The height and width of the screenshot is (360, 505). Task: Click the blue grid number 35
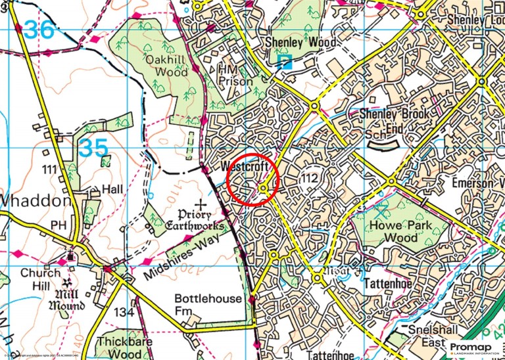click(x=93, y=148)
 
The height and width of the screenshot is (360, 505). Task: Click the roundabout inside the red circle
click(x=263, y=189)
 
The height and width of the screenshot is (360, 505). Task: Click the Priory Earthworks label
click(x=203, y=220)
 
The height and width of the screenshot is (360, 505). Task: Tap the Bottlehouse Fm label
click(x=208, y=304)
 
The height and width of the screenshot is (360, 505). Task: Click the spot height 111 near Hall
click(x=49, y=170)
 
